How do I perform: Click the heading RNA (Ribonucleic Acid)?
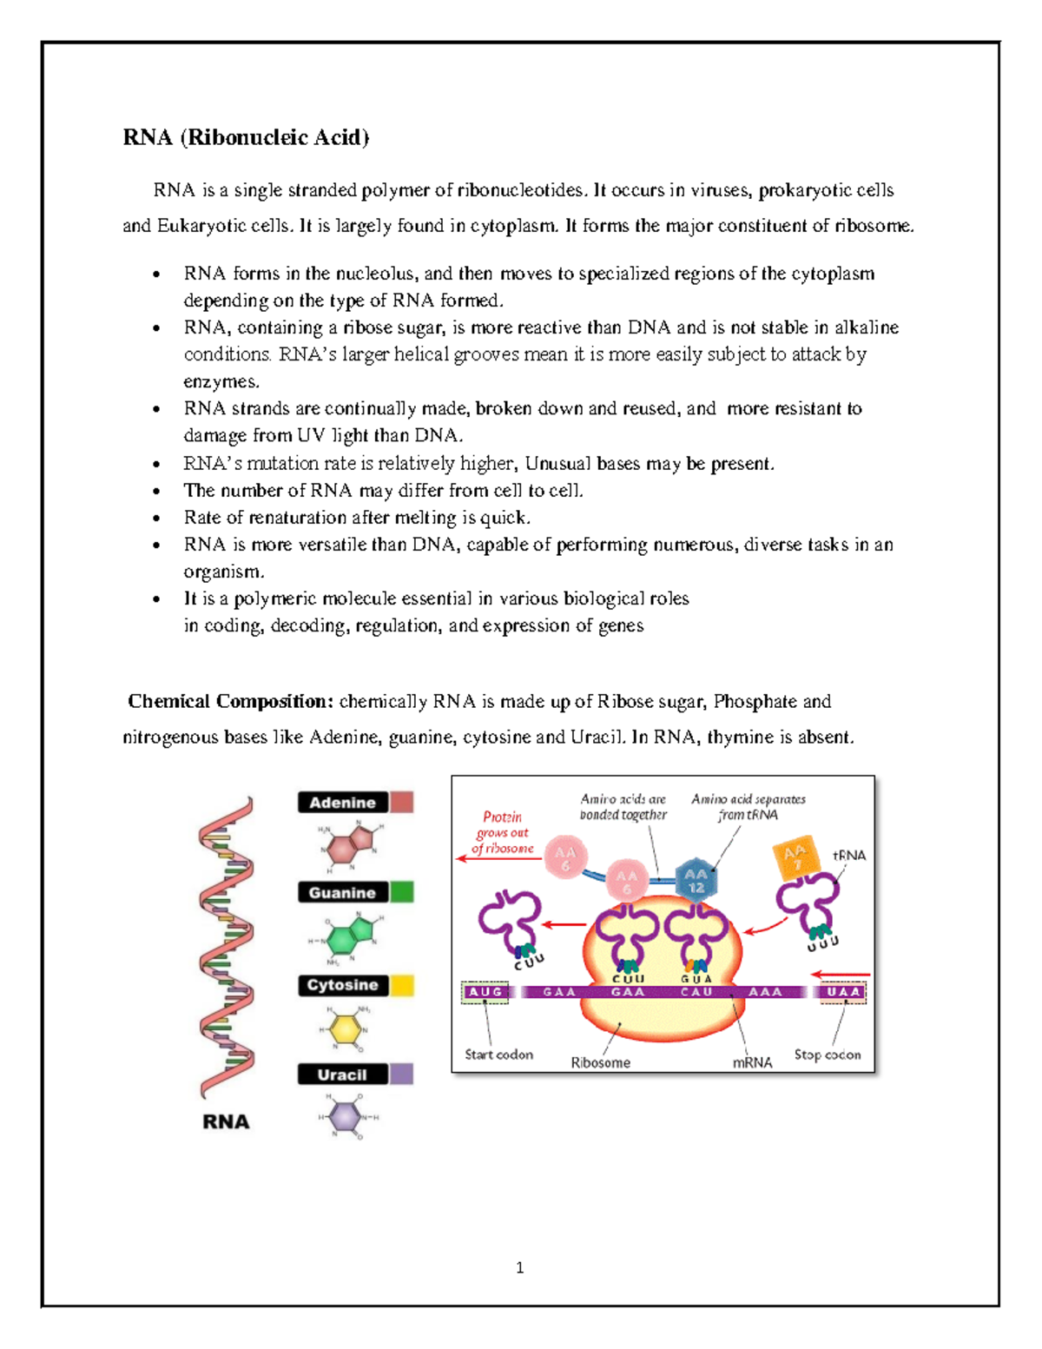tap(246, 137)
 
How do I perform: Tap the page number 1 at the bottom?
tap(519, 1268)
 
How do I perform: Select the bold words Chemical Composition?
tap(230, 701)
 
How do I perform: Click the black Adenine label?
tap(342, 803)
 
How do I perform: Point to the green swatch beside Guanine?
tap(401, 892)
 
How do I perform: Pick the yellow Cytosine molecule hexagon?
tap(346, 1028)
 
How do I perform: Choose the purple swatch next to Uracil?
tap(401, 1075)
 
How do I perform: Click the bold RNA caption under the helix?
tap(226, 1121)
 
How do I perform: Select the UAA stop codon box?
tap(843, 992)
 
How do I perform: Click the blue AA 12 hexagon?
tap(696, 880)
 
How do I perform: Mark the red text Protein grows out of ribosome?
tap(503, 832)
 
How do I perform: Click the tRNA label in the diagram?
tap(848, 855)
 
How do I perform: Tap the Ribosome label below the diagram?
tap(600, 1062)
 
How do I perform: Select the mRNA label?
tap(752, 1062)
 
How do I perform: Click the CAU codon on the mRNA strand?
tap(696, 992)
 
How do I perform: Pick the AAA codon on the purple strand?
tap(765, 992)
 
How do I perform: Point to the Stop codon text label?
tap(828, 1055)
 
